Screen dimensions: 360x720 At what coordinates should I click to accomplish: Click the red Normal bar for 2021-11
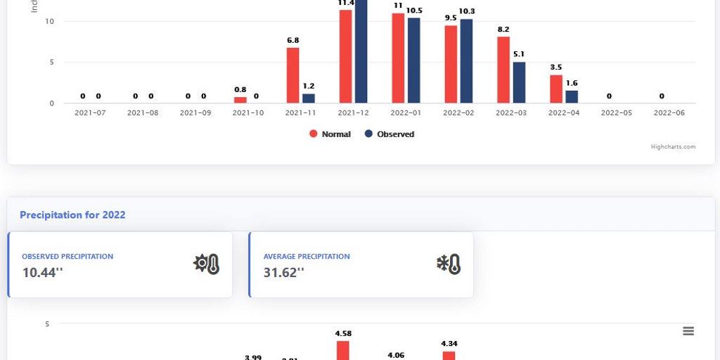[292, 75]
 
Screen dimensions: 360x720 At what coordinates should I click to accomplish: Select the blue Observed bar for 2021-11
[309, 98]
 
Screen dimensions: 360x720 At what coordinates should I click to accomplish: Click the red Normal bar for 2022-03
[503, 70]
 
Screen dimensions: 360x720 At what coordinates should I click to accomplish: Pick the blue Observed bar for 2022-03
[519, 82]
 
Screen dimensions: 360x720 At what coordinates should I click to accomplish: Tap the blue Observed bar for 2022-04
[572, 97]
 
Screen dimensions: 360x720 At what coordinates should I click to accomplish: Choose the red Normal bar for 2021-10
[240, 100]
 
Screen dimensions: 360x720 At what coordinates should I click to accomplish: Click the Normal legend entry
[330, 134]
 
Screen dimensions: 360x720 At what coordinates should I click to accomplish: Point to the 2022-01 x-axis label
[406, 113]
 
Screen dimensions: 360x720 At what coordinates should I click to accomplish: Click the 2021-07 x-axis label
[90, 113]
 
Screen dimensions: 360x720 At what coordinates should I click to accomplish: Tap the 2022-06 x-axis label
[669, 113]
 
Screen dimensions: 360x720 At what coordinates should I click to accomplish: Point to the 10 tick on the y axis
[50, 21]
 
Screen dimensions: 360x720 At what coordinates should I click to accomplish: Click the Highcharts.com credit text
[673, 147]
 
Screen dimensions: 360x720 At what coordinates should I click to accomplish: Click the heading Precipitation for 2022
[72, 214]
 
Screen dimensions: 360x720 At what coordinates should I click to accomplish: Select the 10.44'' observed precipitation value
[42, 272]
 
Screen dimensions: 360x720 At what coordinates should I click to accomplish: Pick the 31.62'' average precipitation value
[284, 272]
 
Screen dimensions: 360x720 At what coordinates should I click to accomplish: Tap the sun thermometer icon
[207, 264]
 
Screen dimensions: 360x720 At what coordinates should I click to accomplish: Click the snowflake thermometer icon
[449, 264]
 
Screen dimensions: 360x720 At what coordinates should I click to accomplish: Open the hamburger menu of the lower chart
[688, 331]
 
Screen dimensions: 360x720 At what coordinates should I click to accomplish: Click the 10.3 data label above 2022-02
[466, 11]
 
